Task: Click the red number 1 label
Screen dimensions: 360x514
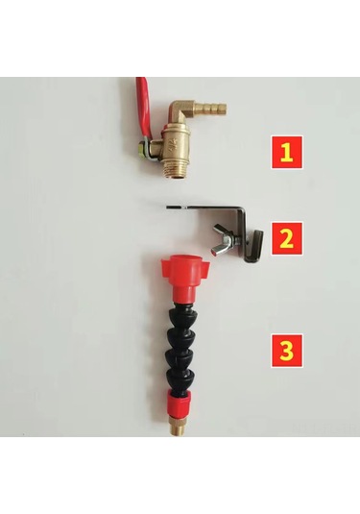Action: (287, 153)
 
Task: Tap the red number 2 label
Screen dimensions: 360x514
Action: (287, 238)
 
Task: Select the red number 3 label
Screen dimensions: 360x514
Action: (287, 351)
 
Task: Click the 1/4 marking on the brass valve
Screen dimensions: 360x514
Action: (173, 150)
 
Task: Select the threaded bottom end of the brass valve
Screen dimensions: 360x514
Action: (177, 170)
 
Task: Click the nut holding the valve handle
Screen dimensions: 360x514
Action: (143, 148)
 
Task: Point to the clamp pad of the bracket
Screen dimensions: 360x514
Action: (256, 245)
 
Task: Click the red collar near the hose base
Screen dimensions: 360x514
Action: (179, 403)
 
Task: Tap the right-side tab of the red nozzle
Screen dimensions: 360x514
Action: (206, 264)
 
